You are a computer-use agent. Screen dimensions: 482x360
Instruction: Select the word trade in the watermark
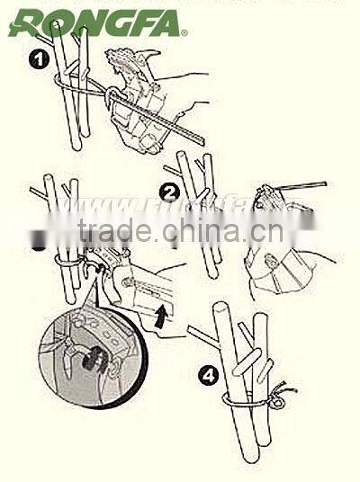(113, 233)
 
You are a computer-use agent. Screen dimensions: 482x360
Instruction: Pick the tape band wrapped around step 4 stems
(238, 396)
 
